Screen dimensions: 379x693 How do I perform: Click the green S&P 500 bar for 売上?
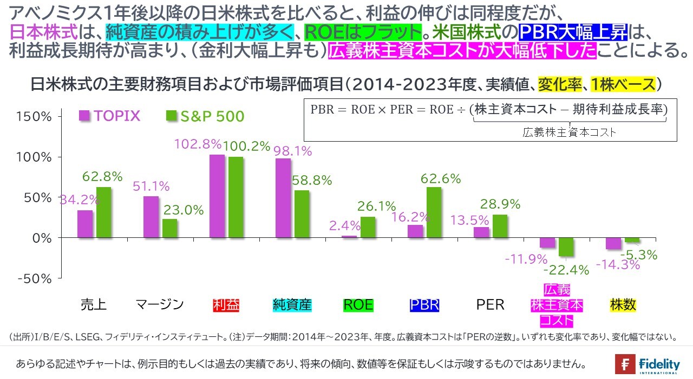pyautogui.click(x=104, y=212)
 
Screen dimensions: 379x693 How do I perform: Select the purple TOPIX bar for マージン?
pyautogui.click(x=151, y=217)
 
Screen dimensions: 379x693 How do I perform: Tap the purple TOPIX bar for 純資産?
pyautogui.click(x=283, y=198)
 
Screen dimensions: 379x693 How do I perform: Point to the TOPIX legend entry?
pyautogui.click(x=110, y=116)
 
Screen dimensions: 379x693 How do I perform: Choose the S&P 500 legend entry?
pyautogui.click(x=205, y=116)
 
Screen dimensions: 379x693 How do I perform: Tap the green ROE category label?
pyautogui.click(x=358, y=305)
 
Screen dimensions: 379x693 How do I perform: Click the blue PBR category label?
pyautogui.click(x=424, y=305)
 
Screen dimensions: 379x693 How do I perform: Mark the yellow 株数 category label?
pyautogui.click(x=623, y=305)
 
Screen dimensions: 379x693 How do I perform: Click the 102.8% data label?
pyautogui.click(x=198, y=144)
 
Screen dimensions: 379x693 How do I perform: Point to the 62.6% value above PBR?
pyautogui.click(x=441, y=178)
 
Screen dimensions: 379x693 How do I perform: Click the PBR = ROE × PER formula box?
pyautogui.click(x=489, y=119)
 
